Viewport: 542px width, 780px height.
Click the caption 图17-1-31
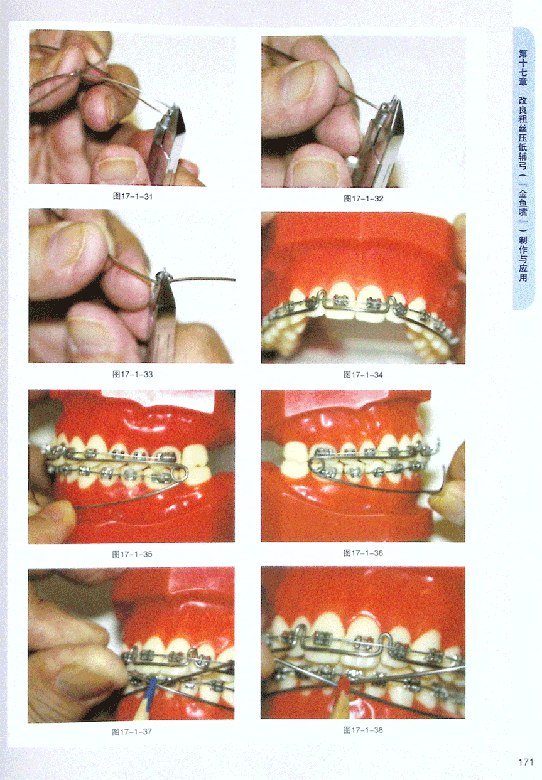(133, 196)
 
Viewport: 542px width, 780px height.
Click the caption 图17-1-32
(363, 199)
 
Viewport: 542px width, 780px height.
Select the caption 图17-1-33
(133, 375)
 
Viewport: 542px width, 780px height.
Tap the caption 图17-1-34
(363, 375)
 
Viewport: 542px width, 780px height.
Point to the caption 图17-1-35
(132, 554)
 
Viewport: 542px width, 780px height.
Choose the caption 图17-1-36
(363, 553)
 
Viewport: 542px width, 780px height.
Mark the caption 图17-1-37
(132, 732)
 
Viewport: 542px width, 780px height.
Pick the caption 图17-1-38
(363, 730)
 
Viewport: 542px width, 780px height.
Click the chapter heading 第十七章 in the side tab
(523, 68)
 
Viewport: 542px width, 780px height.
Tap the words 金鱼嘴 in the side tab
(523, 203)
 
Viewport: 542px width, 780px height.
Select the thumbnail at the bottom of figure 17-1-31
(116, 168)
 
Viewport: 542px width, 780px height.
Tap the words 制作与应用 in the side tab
(523, 259)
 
